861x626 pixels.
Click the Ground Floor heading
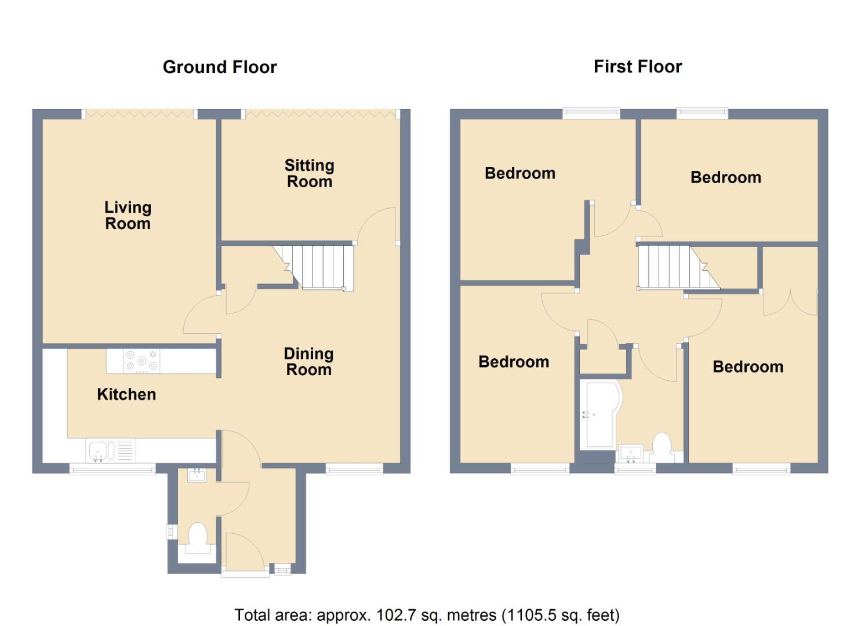pos(220,67)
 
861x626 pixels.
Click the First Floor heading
pos(637,67)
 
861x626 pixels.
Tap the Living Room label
pos(128,216)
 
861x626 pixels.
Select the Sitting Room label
pos(309,173)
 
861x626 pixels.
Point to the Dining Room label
pos(308,362)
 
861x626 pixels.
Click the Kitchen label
pos(126,395)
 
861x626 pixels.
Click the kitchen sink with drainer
pos(111,450)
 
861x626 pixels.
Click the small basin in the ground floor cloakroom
pos(197,476)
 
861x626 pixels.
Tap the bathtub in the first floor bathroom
pos(599,414)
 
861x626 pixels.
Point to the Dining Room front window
pos(354,468)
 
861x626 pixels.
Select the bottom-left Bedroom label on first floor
pos(514,362)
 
